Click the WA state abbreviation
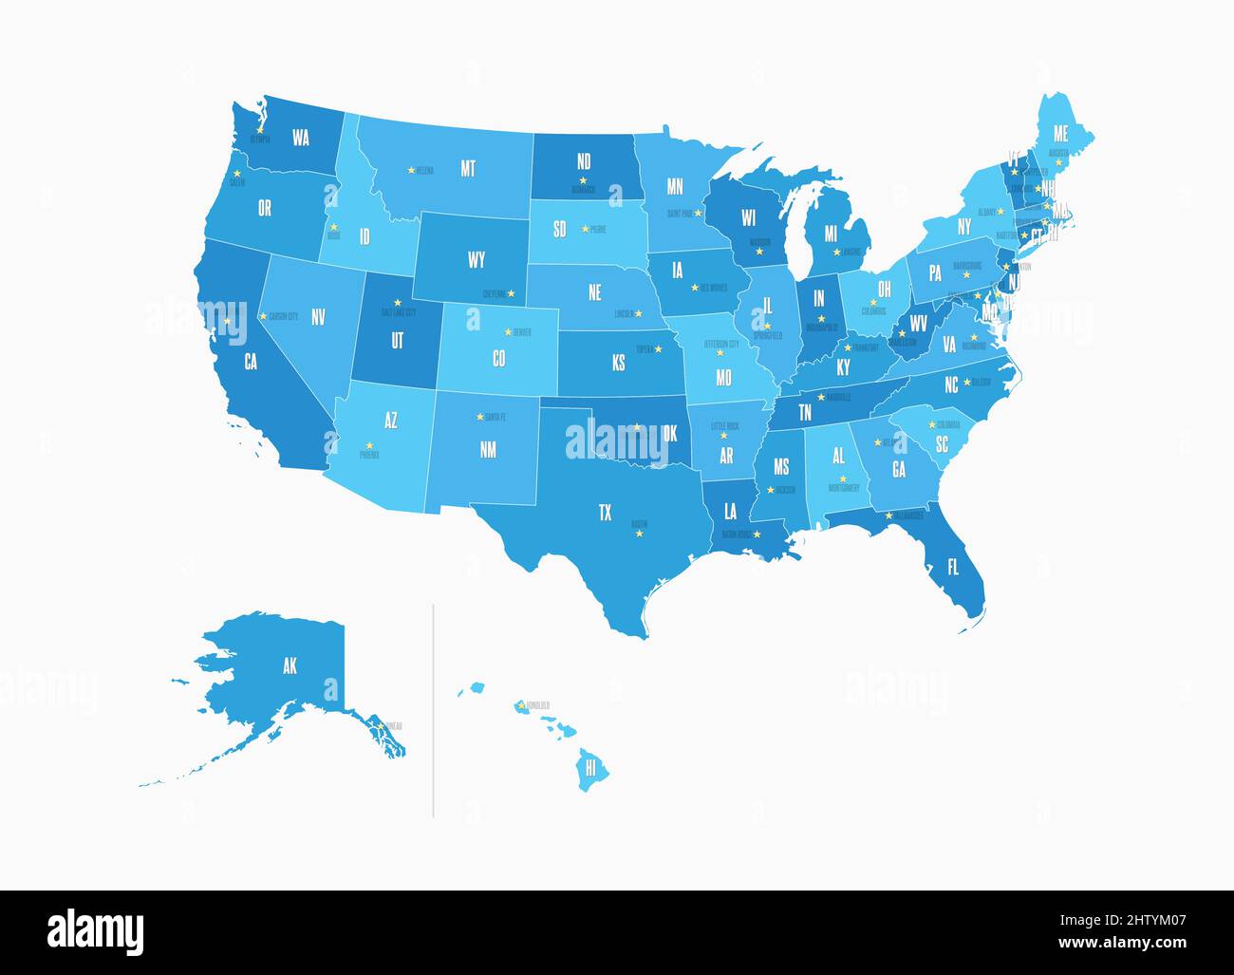(301, 138)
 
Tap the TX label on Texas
(605, 513)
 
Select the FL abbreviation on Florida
(953, 568)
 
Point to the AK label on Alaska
(290, 666)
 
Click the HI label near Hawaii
(590, 767)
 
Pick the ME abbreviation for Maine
(1060, 135)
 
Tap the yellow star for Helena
(411, 170)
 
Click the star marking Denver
(508, 331)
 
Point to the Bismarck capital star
(583, 180)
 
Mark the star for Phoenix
(369, 446)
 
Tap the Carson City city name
(283, 315)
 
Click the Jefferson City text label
(720, 343)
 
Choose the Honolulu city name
(537, 705)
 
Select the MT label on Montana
(468, 169)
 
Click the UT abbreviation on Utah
(397, 339)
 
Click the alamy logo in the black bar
(95, 930)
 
